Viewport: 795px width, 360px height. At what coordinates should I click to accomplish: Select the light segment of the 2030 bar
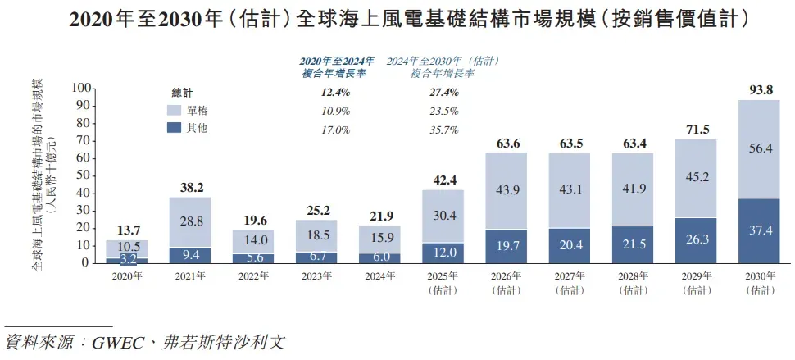758,148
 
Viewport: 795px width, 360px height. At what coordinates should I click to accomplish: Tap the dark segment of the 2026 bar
506,246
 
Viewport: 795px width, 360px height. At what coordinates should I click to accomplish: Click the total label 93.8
758,90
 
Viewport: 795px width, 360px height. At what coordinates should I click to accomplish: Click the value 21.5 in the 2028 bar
632,244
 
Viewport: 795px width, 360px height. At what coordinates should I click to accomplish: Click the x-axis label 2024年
379,276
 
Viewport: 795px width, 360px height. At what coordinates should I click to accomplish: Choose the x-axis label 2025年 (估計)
443,283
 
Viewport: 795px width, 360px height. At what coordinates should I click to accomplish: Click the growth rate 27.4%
443,93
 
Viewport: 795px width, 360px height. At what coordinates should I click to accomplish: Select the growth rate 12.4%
335,93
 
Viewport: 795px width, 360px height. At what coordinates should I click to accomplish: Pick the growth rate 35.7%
443,130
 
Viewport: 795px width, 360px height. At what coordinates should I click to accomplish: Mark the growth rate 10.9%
335,111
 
